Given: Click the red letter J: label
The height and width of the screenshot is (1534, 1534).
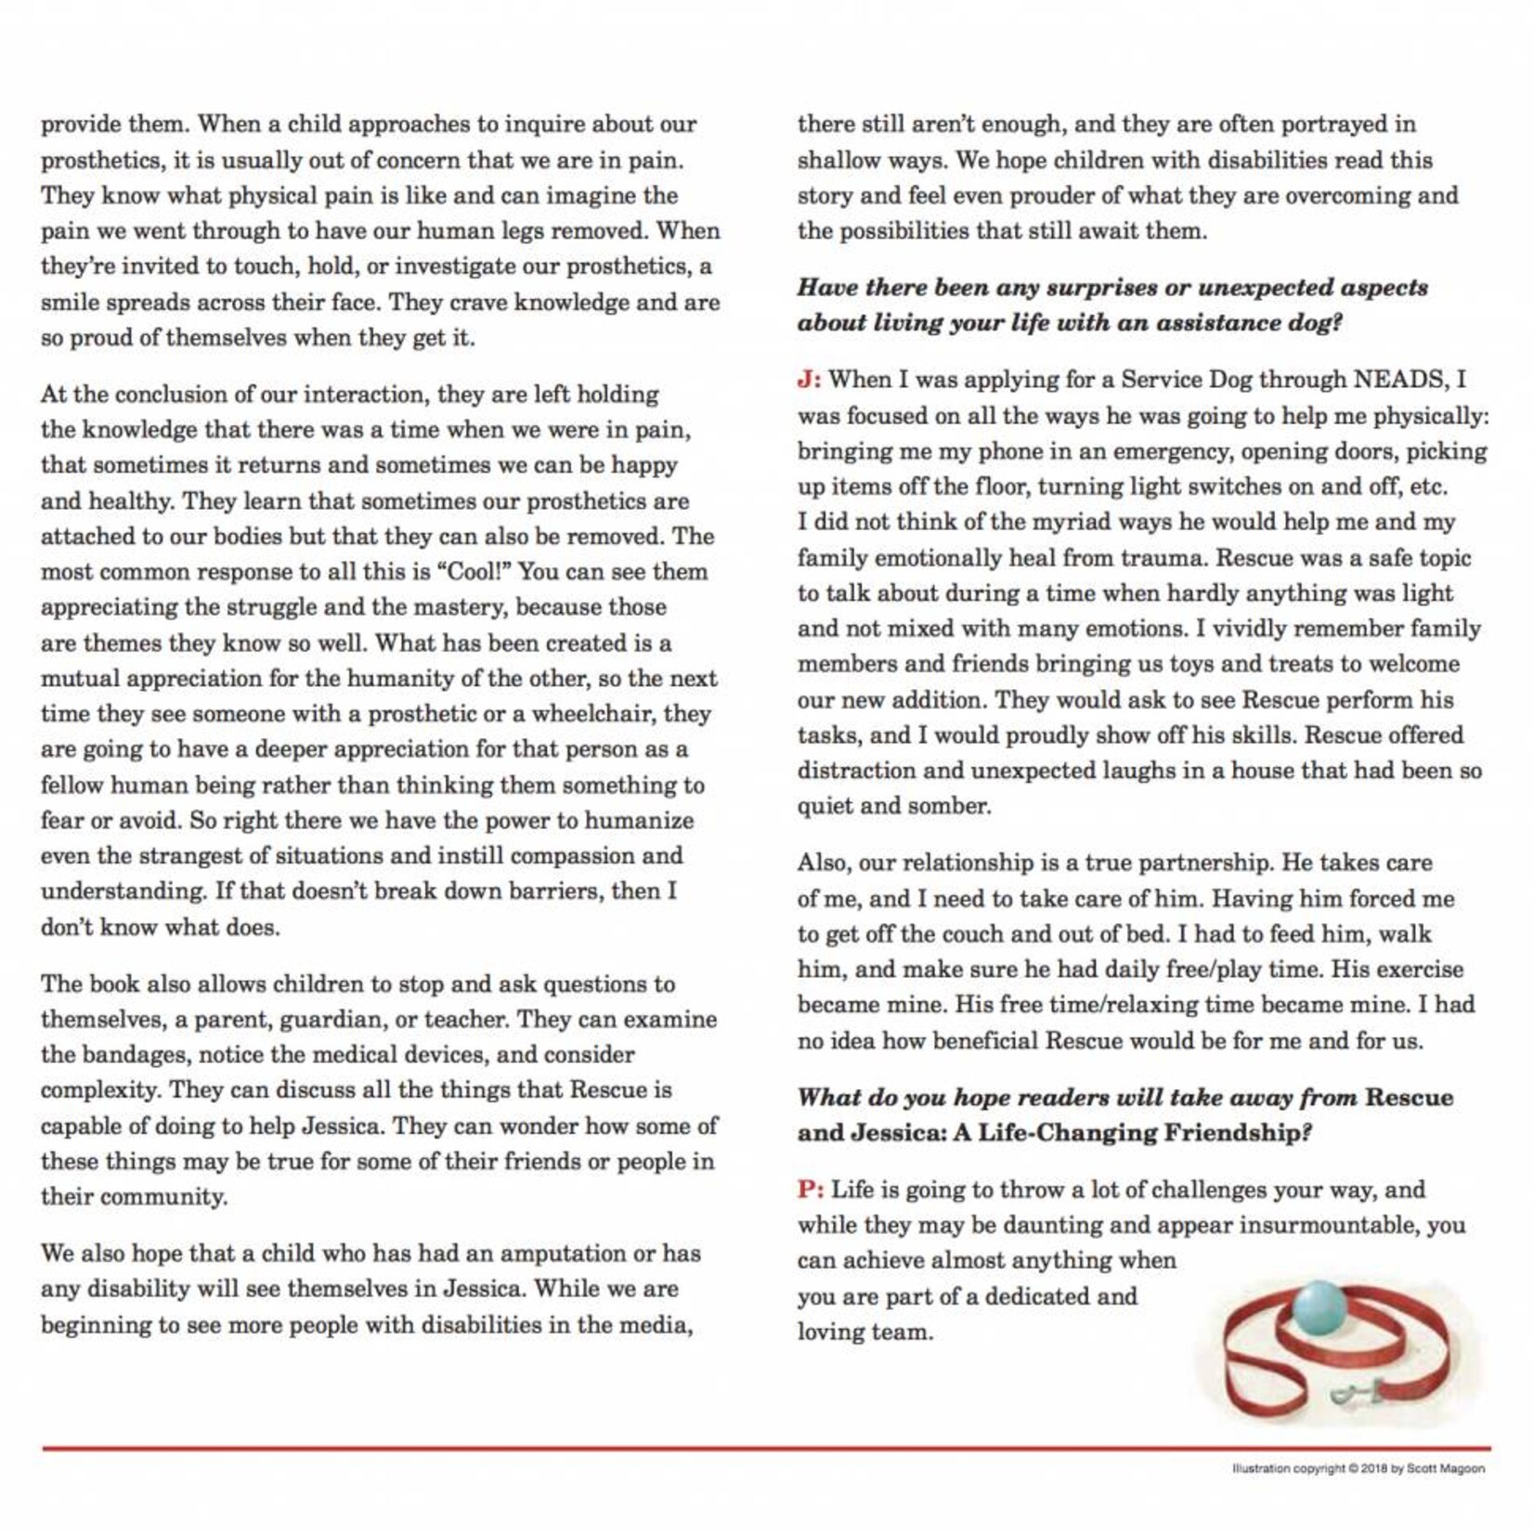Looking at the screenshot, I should [x=809, y=380].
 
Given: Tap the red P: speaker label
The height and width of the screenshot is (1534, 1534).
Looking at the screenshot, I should [x=811, y=1189].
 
